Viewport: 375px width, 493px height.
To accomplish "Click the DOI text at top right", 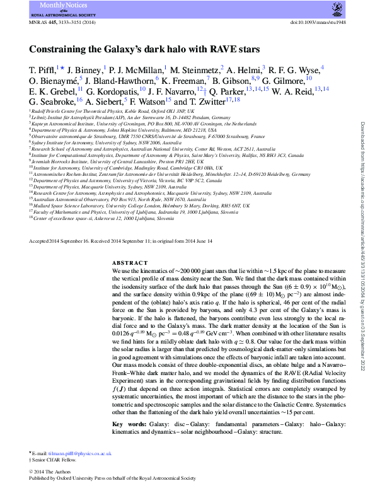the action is point(316,23).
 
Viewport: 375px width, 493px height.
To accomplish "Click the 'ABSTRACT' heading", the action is point(129,262).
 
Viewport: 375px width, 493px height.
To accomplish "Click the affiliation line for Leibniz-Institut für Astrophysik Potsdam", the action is point(125,117).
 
